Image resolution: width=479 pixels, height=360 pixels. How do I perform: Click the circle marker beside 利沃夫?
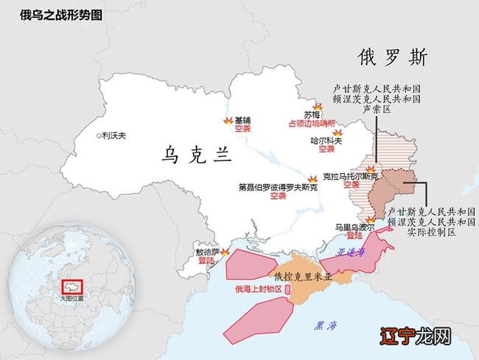[99, 135]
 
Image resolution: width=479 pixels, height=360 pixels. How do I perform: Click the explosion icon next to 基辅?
[228, 120]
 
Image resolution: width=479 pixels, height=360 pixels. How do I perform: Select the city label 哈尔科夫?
[326, 140]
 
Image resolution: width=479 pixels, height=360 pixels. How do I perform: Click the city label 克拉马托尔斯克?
[349, 177]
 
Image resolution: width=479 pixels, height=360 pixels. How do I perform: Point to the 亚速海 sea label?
[351, 252]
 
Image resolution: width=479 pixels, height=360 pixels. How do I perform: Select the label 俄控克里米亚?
[303, 278]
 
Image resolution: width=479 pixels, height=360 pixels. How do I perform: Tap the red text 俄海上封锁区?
[259, 289]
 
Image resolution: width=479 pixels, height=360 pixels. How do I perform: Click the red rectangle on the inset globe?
[72, 286]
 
